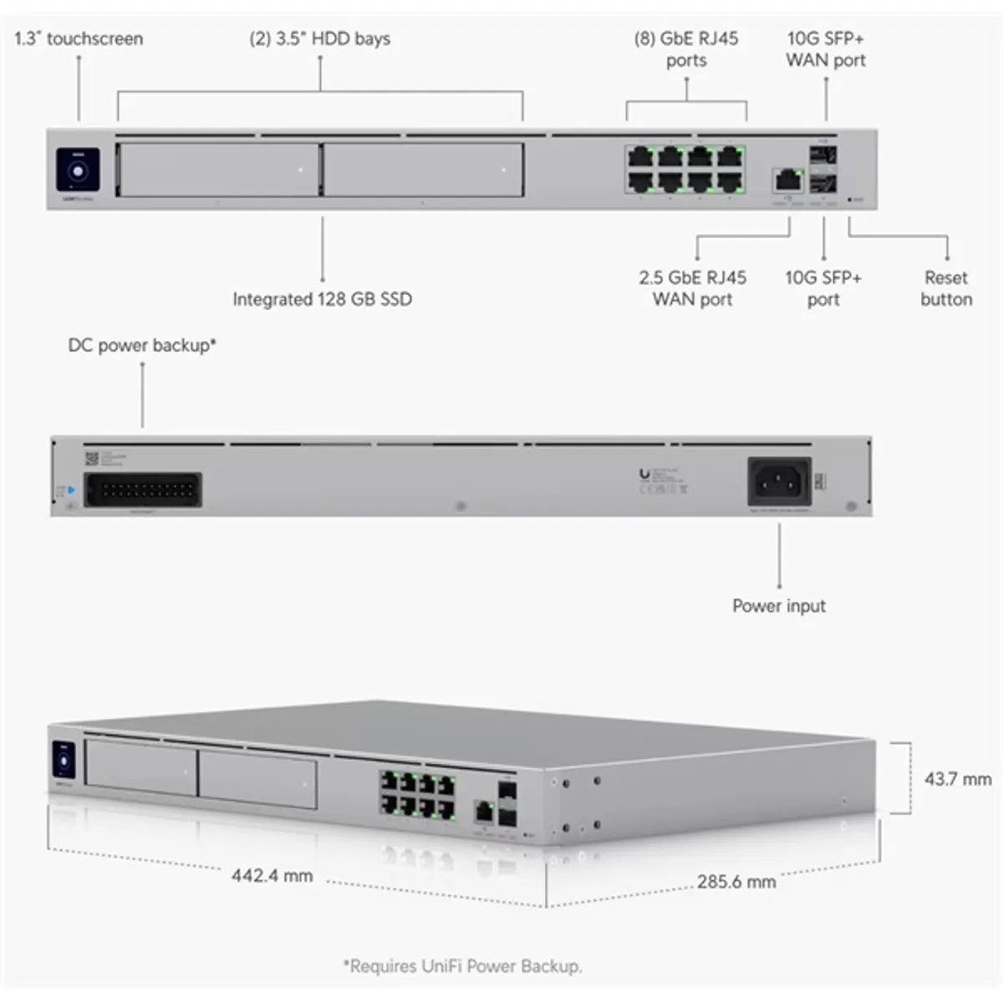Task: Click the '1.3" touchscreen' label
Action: click(79, 38)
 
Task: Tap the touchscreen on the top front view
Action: click(78, 171)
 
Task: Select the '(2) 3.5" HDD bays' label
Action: click(319, 38)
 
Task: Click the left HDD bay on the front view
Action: click(218, 170)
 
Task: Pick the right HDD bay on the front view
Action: click(423, 170)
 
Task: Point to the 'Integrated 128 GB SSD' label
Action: click(322, 299)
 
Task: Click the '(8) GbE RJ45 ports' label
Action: click(686, 49)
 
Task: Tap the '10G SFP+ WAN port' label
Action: click(825, 49)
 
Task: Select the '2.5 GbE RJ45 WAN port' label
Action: click(692, 288)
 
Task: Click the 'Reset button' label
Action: click(946, 288)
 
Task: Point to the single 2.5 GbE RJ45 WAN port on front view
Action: click(787, 179)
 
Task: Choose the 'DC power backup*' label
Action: click(142, 345)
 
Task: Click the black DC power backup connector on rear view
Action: click(143, 490)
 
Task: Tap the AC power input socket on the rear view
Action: click(778, 482)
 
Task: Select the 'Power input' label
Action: click(779, 606)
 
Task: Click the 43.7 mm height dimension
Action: click(957, 779)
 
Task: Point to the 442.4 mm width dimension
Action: click(272, 876)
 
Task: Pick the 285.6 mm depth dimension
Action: click(736, 882)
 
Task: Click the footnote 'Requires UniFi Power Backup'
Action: click(462, 966)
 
